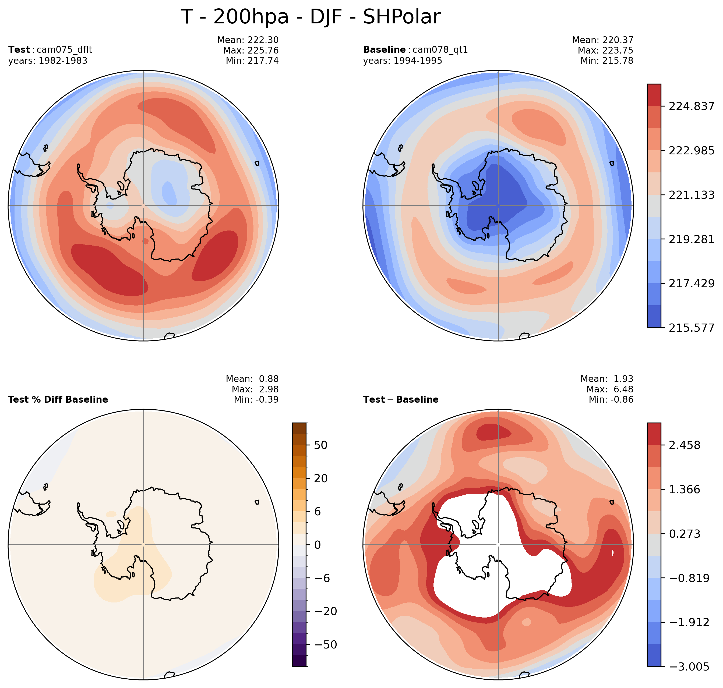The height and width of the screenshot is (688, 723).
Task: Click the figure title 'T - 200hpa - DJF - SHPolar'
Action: (x=310, y=17)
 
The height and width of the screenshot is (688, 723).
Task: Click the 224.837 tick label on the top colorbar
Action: (x=691, y=106)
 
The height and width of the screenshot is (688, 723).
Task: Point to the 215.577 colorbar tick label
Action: (x=691, y=328)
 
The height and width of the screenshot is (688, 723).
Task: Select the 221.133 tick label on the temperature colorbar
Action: (x=691, y=195)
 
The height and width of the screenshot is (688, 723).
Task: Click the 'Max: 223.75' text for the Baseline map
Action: (x=605, y=50)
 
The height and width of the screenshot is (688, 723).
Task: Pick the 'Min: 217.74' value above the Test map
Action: (x=252, y=61)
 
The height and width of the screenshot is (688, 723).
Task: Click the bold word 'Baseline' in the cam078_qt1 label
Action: (x=384, y=49)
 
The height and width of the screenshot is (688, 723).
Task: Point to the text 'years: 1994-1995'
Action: (x=403, y=61)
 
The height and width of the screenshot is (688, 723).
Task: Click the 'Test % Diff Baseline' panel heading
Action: (x=58, y=399)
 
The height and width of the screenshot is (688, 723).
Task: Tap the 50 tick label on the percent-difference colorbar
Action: (x=320, y=445)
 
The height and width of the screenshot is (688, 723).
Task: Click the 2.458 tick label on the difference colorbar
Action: (x=684, y=445)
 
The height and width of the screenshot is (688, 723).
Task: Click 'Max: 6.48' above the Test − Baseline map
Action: (x=610, y=389)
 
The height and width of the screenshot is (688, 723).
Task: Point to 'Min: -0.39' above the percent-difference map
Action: (x=256, y=399)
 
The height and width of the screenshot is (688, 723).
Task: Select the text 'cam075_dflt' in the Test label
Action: (x=64, y=49)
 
